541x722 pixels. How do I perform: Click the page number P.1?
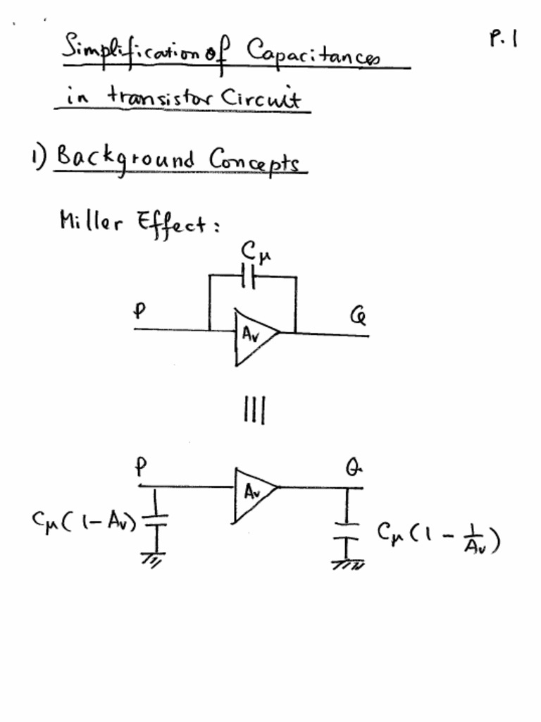503,38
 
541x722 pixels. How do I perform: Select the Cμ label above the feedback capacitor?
254,251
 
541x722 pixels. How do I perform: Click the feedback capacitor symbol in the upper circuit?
247,278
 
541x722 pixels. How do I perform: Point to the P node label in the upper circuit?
139,311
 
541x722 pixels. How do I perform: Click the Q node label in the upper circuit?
358,317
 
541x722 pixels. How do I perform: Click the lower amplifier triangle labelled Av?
254,494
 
